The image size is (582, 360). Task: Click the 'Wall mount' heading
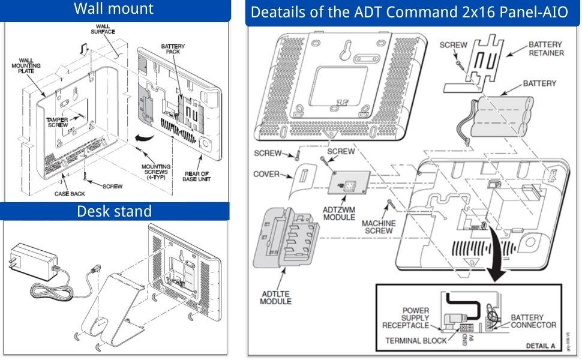pyautogui.click(x=114, y=9)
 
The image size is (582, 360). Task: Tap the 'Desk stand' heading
pyautogui.click(x=114, y=211)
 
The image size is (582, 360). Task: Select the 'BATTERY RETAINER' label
pyautogui.click(x=545, y=49)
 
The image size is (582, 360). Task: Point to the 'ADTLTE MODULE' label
pyautogui.click(x=275, y=296)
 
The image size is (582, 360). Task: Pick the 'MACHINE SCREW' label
pyautogui.click(x=379, y=227)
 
